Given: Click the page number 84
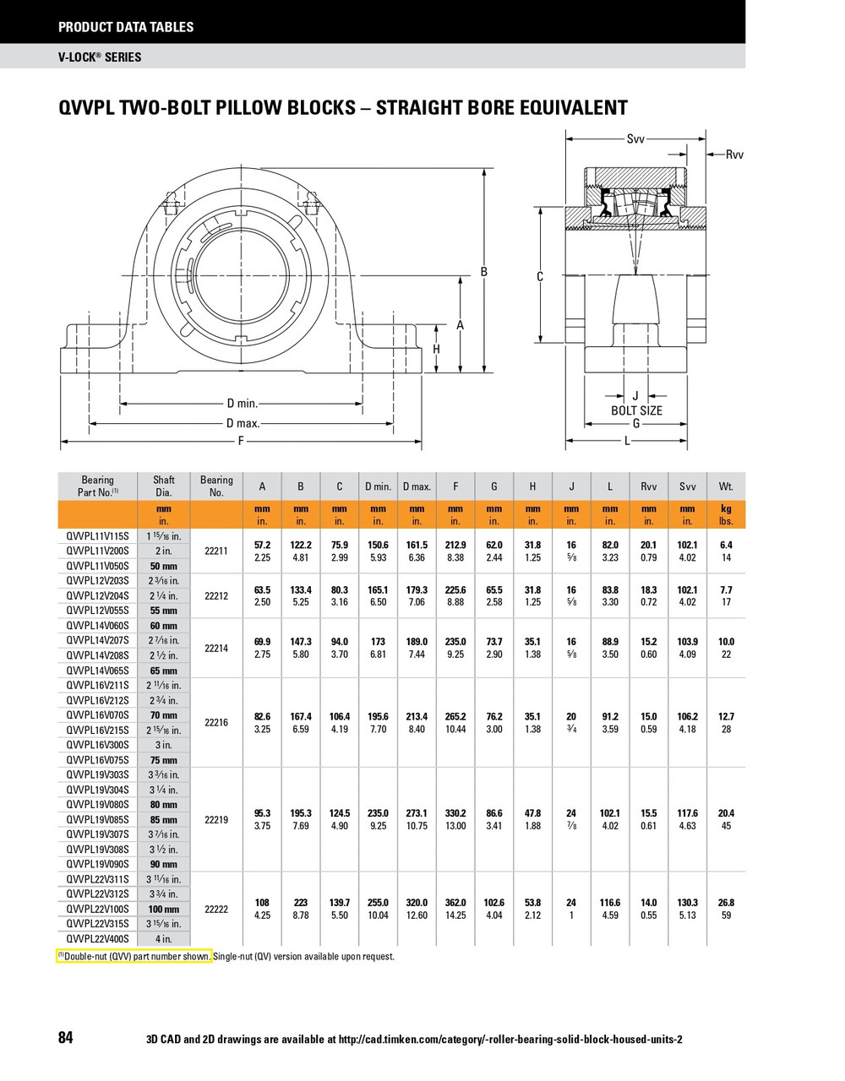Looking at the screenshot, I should point(66,1038).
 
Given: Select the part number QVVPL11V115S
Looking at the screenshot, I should point(97,536).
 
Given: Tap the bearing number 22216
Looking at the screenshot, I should point(216,723).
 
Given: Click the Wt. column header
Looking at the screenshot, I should point(726,486).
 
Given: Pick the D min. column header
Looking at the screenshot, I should point(378,486).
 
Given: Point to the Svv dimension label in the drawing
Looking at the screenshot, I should point(635,139).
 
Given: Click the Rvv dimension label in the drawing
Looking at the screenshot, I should point(734,155).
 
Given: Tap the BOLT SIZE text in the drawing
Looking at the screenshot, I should point(636,410).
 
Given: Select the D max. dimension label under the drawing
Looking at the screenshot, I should point(243,423).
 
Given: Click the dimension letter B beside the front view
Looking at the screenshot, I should point(484,272).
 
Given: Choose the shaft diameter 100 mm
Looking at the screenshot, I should point(164,910).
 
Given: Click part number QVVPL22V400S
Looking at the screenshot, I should point(97,939).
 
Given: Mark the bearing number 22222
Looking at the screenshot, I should point(216,909).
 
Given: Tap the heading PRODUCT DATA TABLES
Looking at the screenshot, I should point(126,27).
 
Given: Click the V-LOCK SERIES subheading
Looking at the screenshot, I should point(100,57).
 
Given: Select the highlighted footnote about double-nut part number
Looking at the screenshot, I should point(134,957).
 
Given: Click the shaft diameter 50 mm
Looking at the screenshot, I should point(164,566).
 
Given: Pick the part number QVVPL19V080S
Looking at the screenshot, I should point(97,805).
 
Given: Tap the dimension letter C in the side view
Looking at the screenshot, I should point(540,277).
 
